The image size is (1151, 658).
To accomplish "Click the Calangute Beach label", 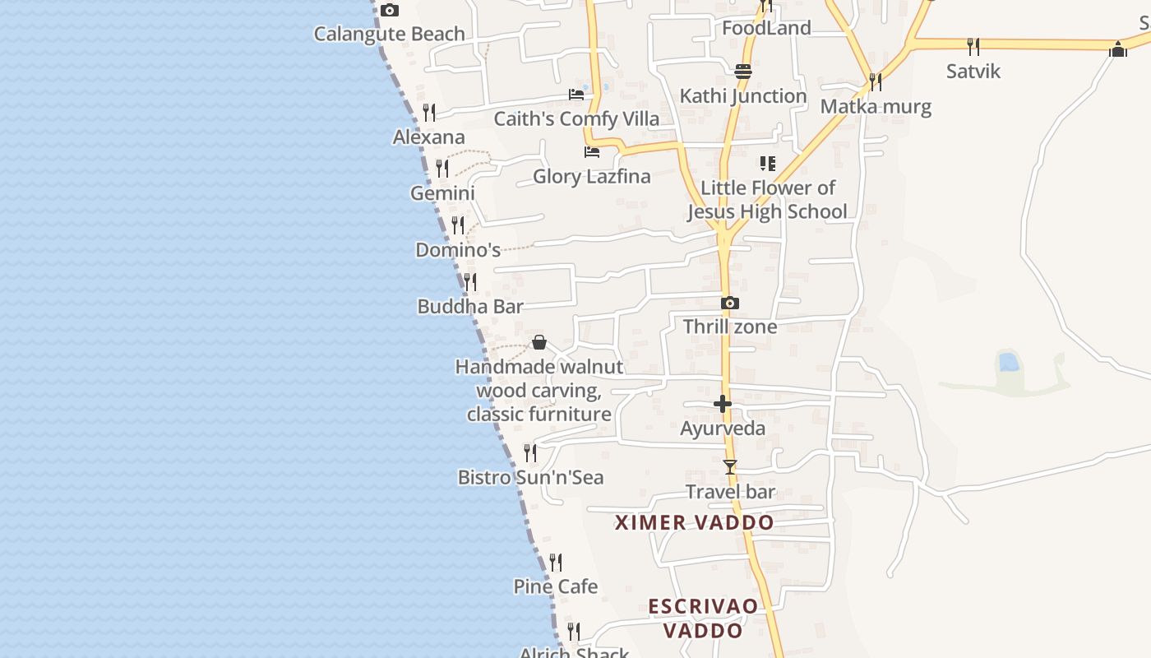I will click(x=390, y=35).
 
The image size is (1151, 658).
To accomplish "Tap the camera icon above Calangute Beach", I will click(x=390, y=11).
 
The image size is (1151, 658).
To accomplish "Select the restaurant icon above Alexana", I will click(x=429, y=113).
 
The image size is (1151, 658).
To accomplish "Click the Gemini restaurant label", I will click(x=442, y=193).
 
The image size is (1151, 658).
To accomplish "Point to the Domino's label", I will click(x=458, y=250).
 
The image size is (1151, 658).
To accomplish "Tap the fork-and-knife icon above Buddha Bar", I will click(x=469, y=282).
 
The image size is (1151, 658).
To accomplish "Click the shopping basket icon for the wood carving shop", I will click(x=539, y=342).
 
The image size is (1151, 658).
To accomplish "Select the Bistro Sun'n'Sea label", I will click(x=530, y=477).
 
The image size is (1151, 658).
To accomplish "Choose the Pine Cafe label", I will click(x=556, y=586).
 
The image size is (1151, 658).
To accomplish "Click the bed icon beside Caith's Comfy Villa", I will click(x=576, y=95).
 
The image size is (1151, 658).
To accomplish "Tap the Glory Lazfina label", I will click(x=591, y=176).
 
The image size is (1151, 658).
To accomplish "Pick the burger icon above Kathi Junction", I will click(x=743, y=72).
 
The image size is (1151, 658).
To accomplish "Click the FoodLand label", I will click(x=766, y=28).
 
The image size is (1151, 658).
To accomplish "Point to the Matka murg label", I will click(x=876, y=106).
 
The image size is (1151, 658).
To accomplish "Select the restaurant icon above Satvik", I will click(x=973, y=46).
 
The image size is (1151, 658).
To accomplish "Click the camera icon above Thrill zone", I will click(x=729, y=304).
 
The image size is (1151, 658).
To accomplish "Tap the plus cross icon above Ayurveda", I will click(x=723, y=404).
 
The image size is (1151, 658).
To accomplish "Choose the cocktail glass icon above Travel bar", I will click(x=729, y=467).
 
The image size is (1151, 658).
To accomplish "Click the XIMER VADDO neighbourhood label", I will click(x=695, y=522).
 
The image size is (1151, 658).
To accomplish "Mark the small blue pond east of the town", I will click(x=1008, y=362).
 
